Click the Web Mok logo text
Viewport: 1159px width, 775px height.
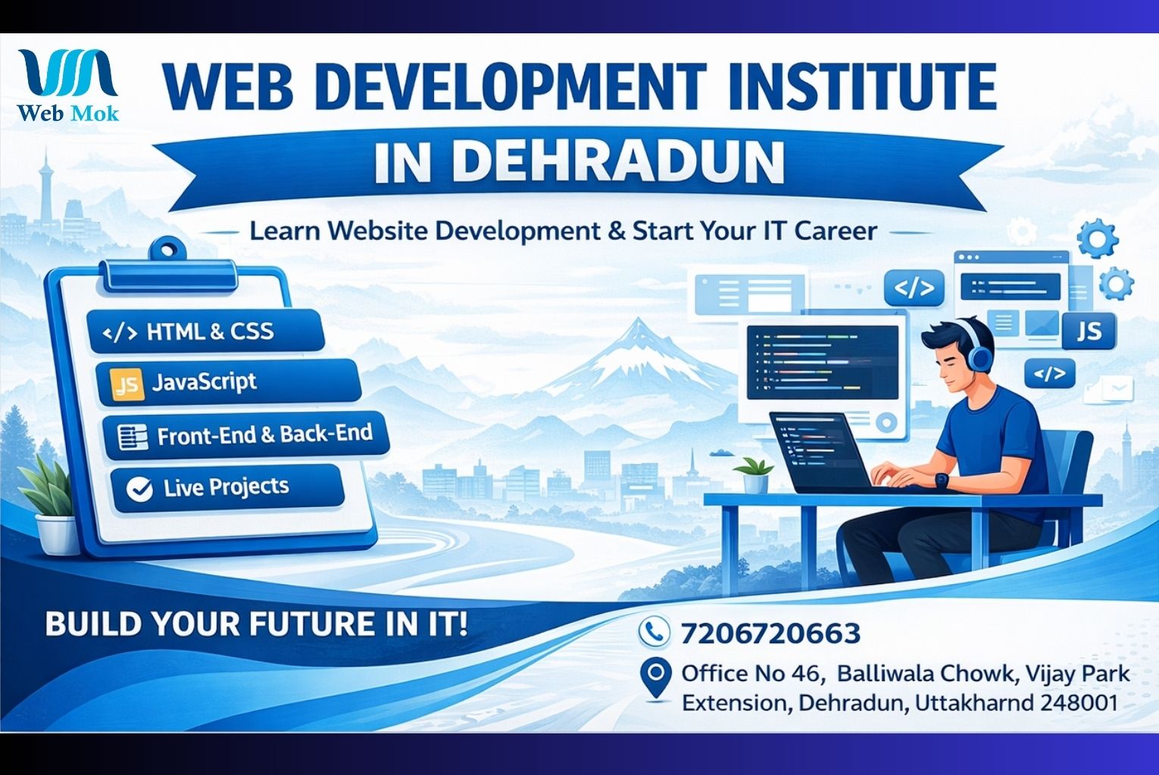[x=67, y=113]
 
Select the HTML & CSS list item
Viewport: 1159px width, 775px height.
[x=206, y=331]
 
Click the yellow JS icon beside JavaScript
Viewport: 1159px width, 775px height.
[x=127, y=383]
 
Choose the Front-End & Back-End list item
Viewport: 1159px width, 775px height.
[x=245, y=435]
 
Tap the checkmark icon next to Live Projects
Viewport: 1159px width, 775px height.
[x=139, y=489]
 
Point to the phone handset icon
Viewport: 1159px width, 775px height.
[x=654, y=631]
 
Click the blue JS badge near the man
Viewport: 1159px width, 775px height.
[x=1089, y=331]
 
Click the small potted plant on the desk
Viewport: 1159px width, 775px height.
[x=755, y=475]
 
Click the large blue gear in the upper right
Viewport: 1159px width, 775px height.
[x=1098, y=239]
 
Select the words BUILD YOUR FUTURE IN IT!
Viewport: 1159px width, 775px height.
[x=256, y=624]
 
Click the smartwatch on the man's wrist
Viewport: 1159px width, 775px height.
[x=940, y=480]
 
